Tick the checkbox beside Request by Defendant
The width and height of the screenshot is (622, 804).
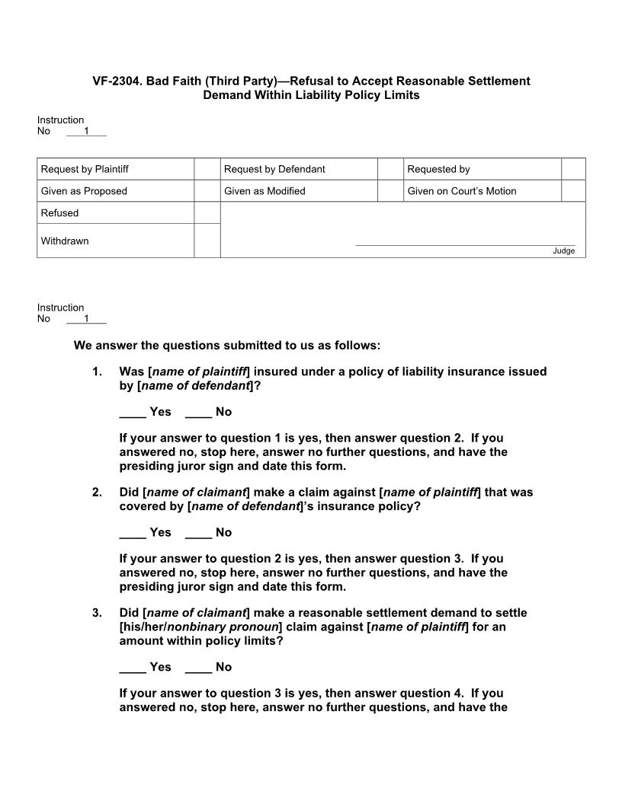point(390,169)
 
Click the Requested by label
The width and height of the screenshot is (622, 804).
point(438,169)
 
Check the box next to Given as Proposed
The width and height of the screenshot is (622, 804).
point(207,191)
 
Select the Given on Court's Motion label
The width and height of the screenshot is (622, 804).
point(461,191)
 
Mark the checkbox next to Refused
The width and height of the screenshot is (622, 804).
point(207,213)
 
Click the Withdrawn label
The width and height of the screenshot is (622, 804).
point(65,241)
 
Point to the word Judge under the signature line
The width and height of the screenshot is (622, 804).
point(564,251)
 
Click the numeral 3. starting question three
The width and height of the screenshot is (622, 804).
point(97,613)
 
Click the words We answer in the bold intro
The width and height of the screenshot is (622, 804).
point(100,346)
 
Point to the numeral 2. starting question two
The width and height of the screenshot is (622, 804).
point(97,493)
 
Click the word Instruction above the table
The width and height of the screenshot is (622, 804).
point(60,120)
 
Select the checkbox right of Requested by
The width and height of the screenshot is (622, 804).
point(573,169)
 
